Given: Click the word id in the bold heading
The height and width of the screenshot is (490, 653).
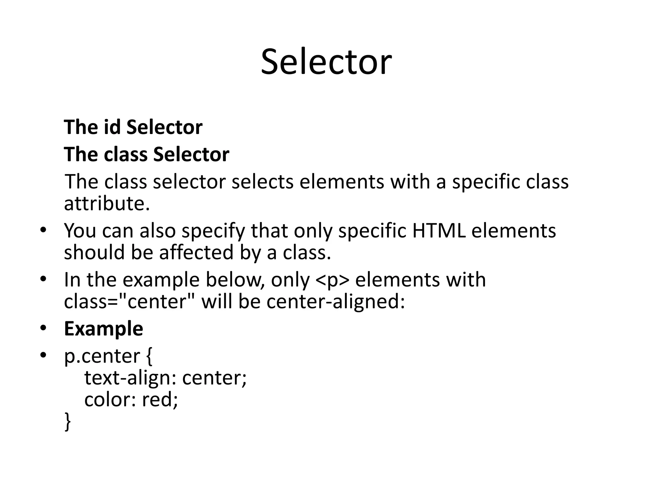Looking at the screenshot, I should click(x=112, y=127).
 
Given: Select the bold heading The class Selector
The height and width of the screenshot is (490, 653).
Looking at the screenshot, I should click(x=146, y=154).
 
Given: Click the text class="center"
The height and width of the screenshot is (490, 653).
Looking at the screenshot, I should click(x=130, y=301).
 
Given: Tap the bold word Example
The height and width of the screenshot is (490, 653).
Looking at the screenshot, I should click(x=103, y=329).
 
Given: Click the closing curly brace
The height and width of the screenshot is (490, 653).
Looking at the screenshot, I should click(x=67, y=422).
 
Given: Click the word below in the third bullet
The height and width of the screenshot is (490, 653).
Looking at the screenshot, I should click(x=234, y=280).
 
